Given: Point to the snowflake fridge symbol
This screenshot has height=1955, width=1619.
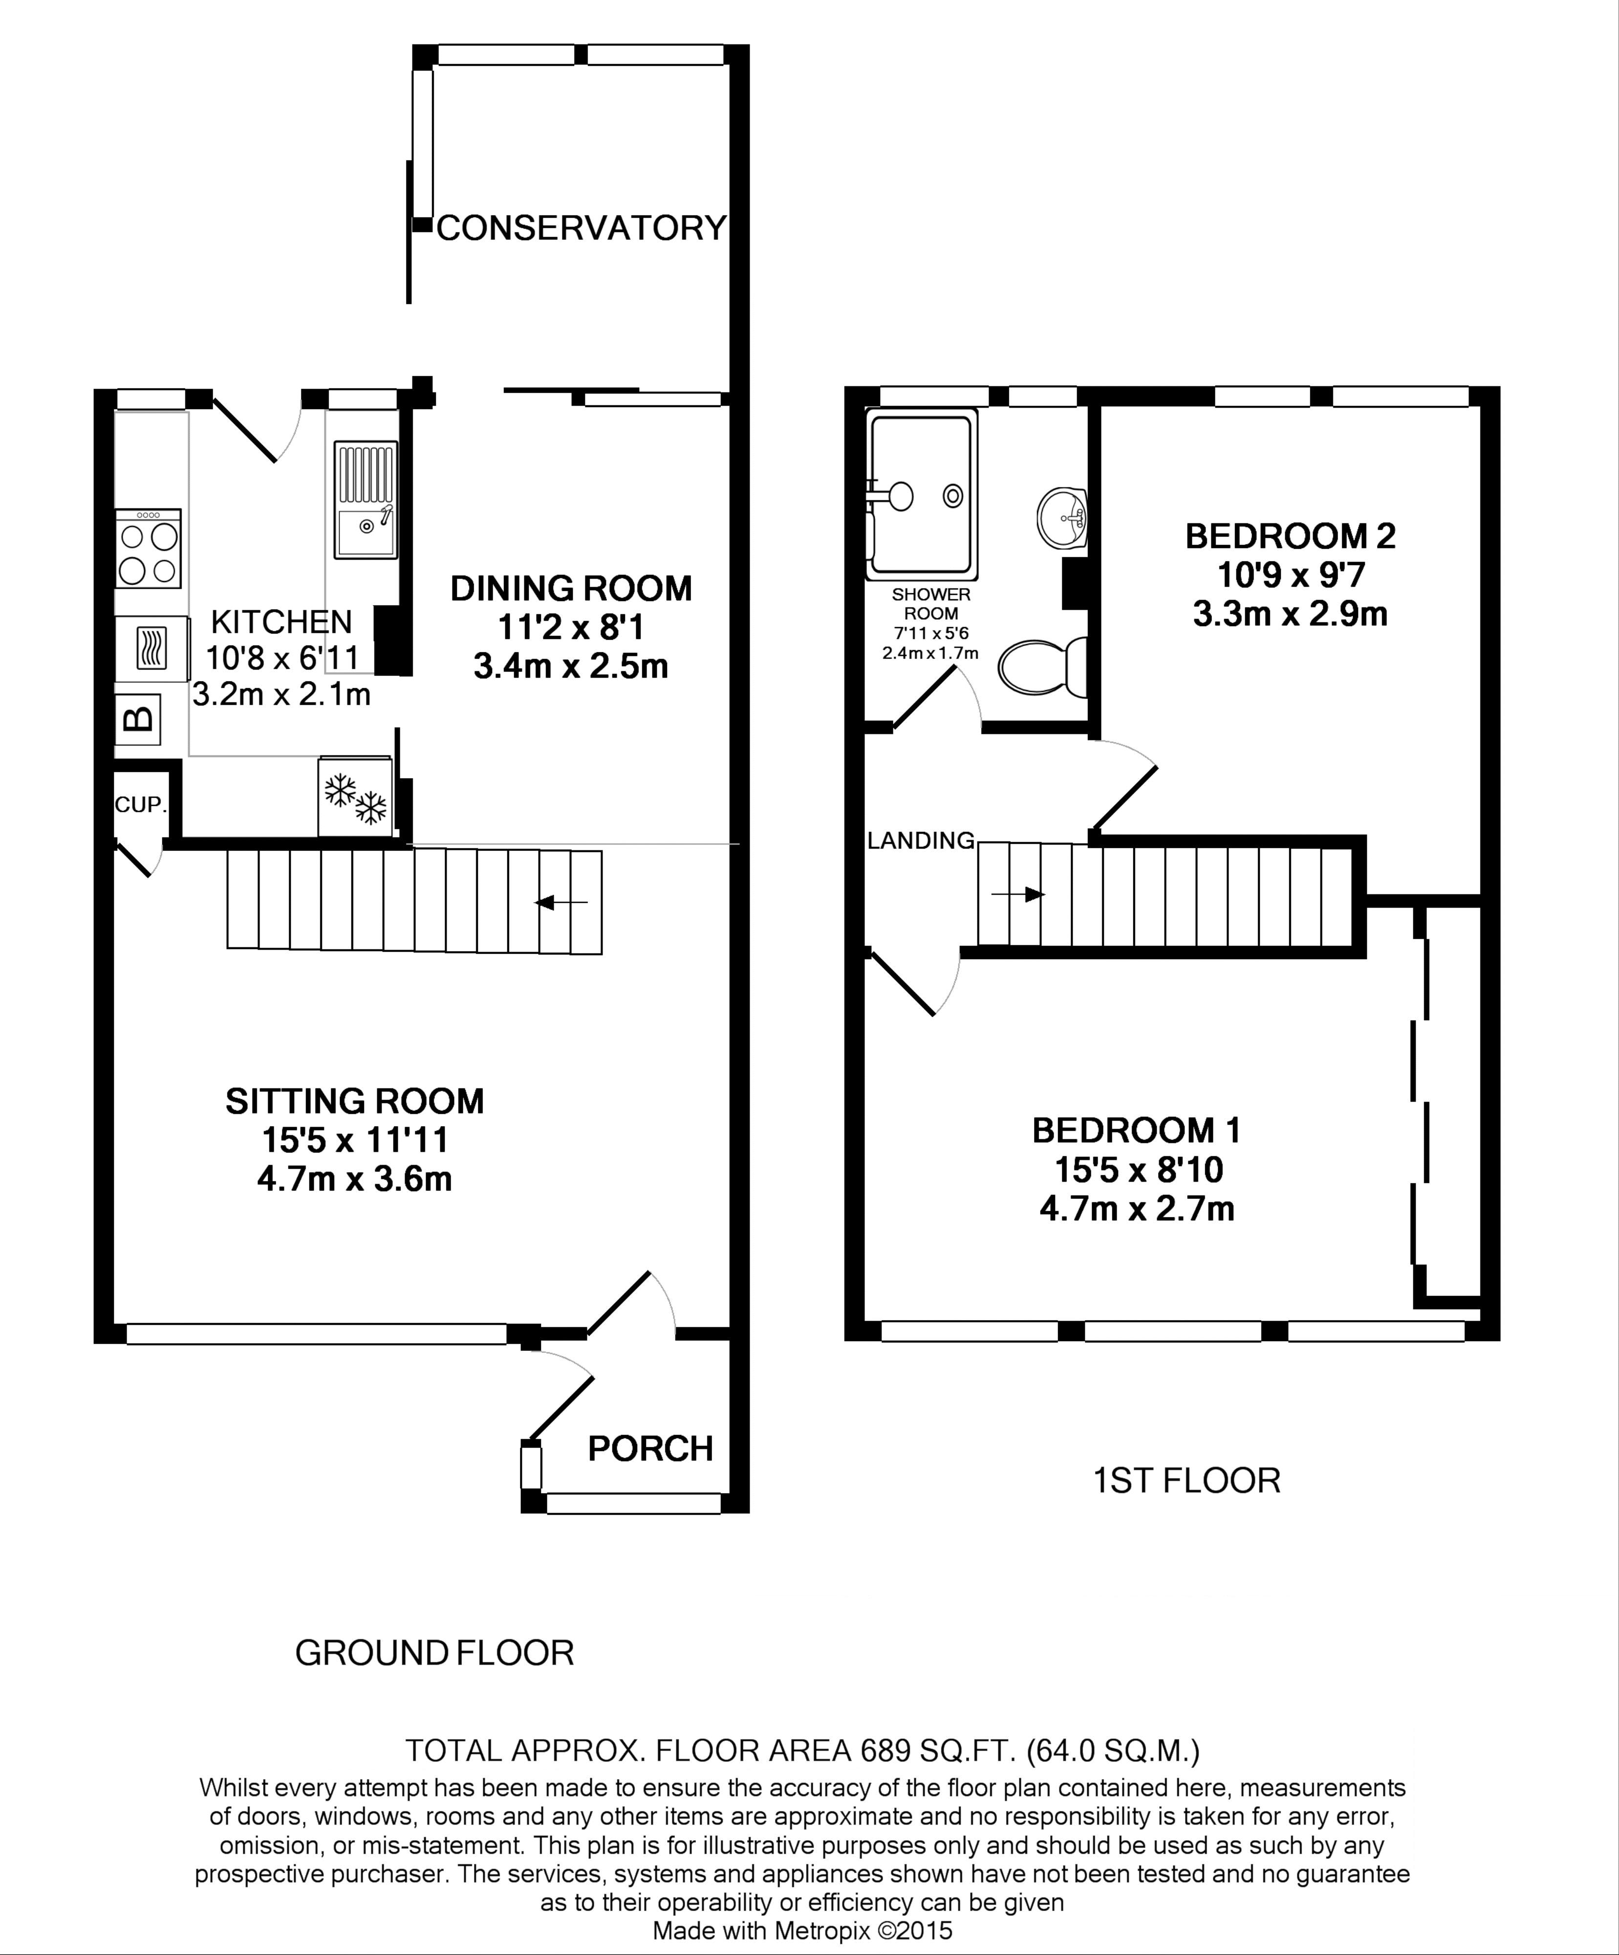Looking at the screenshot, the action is click(x=355, y=797).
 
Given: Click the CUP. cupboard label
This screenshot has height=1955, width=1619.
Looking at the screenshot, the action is click(x=141, y=804).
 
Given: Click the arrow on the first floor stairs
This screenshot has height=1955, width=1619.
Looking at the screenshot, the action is click(x=1017, y=894).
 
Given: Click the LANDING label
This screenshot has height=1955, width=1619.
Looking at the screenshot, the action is click(x=921, y=841).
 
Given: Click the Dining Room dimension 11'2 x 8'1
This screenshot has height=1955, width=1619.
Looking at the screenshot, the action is click(x=571, y=628).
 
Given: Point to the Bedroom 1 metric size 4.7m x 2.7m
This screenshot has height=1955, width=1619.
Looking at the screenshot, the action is click(x=1137, y=1208).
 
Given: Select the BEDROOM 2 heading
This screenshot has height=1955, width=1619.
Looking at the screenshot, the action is click(x=1290, y=536).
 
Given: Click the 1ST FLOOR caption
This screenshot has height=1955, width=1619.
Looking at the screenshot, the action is click(x=1186, y=1480).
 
